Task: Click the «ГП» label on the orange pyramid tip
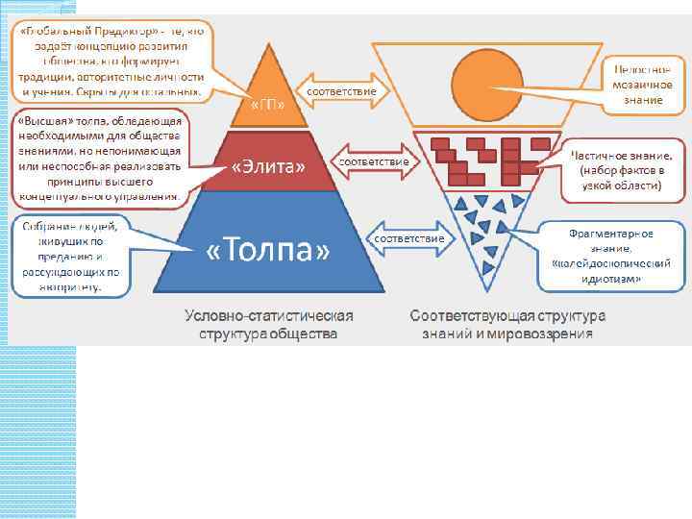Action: (x=267, y=104)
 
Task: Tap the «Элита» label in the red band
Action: (x=269, y=167)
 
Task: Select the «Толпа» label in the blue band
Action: (x=269, y=252)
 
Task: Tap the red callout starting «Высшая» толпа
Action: (x=99, y=160)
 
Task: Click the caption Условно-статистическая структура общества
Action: (x=268, y=324)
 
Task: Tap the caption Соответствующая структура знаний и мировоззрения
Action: (x=507, y=324)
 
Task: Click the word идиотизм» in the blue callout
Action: (x=611, y=279)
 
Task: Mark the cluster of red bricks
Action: (x=476, y=159)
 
